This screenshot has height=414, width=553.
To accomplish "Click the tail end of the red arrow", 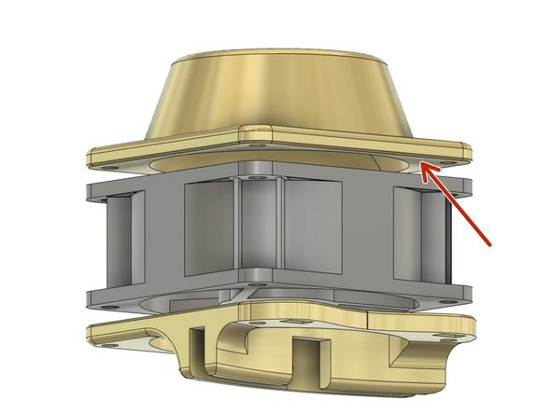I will [492, 244].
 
